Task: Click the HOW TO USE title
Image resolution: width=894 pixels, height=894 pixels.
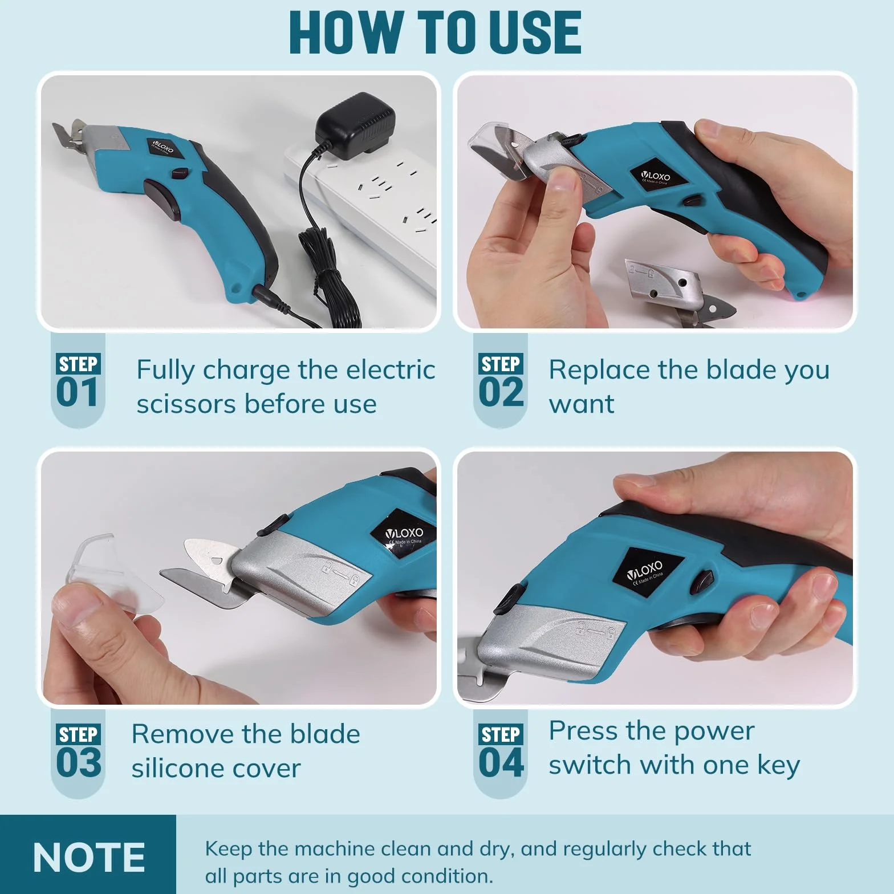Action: (x=435, y=32)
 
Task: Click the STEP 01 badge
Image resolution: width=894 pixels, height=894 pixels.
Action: (x=78, y=380)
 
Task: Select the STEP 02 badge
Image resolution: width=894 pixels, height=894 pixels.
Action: (x=501, y=380)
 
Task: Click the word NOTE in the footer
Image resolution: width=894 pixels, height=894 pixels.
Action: (x=89, y=857)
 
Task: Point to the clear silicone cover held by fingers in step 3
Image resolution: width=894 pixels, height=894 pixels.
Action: (x=111, y=576)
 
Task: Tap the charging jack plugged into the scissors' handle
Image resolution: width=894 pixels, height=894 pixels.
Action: (x=268, y=296)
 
